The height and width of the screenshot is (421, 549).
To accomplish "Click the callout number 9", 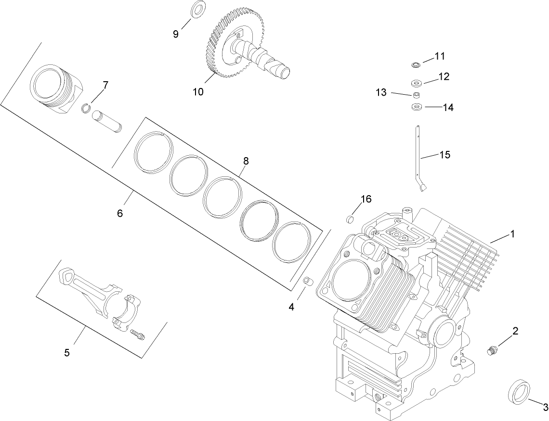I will [x=176, y=34].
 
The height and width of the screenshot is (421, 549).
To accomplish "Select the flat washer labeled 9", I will [x=197, y=10].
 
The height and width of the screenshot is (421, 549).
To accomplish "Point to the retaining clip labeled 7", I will [x=86, y=108].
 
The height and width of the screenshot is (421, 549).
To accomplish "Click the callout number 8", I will [x=246, y=161].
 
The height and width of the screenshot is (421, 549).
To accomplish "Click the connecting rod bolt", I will [x=138, y=334].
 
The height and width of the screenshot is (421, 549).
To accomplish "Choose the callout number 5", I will [x=67, y=353].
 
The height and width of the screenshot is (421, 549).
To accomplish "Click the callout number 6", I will [x=120, y=213].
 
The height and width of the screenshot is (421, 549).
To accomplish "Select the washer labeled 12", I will [x=417, y=82].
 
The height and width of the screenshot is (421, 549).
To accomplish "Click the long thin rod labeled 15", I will [x=418, y=154].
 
